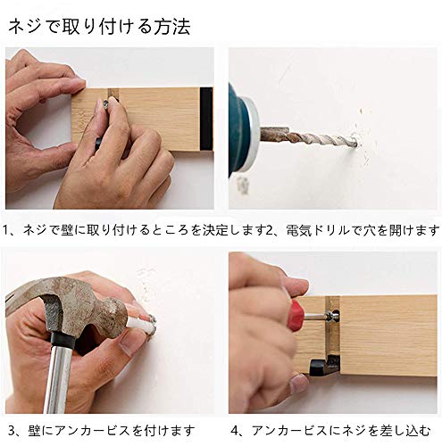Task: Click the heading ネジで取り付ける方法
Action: (99, 27)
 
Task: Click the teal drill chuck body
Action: (239, 130)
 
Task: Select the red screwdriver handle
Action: (296, 313)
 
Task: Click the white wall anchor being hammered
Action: (142, 323)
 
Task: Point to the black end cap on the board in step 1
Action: (206, 119)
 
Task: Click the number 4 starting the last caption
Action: (235, 431)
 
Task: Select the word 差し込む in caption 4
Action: (405, 430)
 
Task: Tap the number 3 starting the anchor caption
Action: (11, 431)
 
